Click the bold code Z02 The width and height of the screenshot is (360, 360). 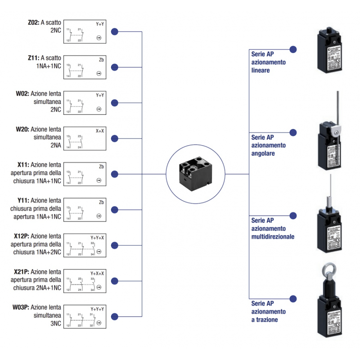33,22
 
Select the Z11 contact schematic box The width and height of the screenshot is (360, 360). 85,67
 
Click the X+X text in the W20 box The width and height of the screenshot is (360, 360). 99,131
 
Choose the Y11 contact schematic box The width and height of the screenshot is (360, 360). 85,210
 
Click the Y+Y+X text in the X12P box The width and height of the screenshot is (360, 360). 98,238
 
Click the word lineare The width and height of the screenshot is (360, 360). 261,71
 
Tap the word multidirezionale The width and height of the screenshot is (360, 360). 273,236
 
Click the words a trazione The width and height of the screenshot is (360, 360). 265,319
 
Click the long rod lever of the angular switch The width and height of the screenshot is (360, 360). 337,108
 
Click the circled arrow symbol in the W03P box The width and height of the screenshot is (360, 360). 99,323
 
